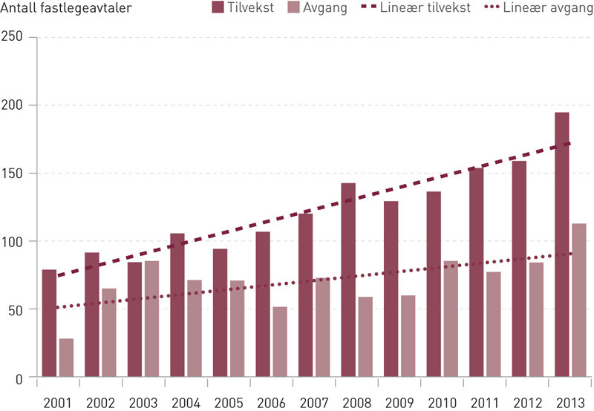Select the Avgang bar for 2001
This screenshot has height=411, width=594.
(67, 358)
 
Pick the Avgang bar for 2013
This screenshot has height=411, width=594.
(579, 300)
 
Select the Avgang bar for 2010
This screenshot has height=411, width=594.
(451, 319)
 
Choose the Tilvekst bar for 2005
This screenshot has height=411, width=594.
(221, 313)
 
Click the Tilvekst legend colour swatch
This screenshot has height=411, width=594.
(218, 9)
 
